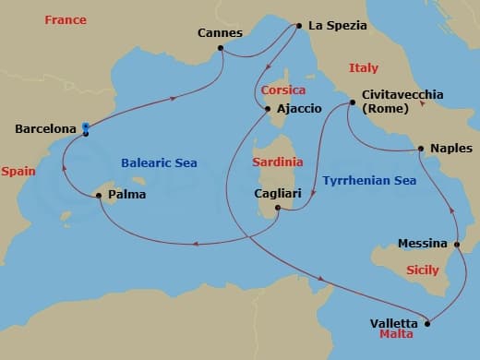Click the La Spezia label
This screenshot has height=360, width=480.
(338, 26)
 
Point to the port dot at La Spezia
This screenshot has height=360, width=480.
(298, 26)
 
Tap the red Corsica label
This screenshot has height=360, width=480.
(282, 90)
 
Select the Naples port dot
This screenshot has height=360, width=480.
(421, 148)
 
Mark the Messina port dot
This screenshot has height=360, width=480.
(458, 244)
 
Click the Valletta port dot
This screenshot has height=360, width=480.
(428, 324)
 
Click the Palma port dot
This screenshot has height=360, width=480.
(99, 196)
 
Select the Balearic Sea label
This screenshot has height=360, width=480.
(159, 162)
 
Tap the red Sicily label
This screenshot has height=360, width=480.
(423, 270)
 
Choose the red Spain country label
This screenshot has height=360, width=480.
(18, 171)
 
